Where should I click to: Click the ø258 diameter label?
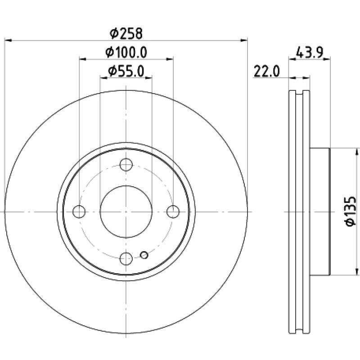tap(126, 33)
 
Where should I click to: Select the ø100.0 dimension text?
tap(126, 52)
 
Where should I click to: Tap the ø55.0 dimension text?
tap(126, 71)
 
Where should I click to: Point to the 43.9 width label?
tap(310, 52)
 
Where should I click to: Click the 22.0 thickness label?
tap(267, 72)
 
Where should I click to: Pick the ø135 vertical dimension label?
tap(351, 211)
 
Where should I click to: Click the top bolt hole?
tap(126, 165)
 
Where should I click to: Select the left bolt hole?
tap(79, 211)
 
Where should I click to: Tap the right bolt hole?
tap(173, 211)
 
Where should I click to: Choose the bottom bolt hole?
tap(126, 258)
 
